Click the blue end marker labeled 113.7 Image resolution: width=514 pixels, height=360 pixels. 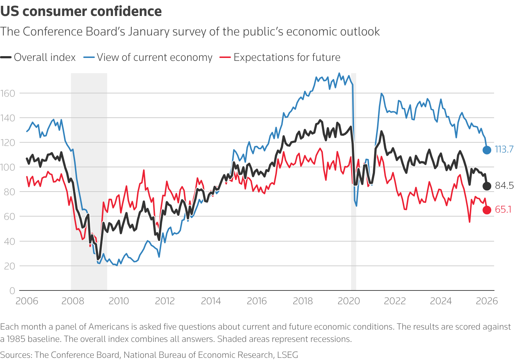(487, 150)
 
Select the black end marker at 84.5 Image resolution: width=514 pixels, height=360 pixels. (487, 186)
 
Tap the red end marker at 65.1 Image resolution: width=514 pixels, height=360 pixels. (487, 210)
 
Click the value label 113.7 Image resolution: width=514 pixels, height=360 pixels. (504, 149)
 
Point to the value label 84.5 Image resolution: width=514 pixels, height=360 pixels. (504, 186)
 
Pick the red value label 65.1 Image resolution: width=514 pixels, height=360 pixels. (503, 209)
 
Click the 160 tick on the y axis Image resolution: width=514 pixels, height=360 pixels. (8, 93)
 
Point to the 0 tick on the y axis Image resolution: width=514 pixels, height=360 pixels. (12, 290)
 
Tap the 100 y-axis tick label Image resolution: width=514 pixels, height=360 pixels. (8, 167)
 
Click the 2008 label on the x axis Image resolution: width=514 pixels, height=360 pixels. (73, 301)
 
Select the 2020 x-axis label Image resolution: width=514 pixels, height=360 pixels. (349, 301)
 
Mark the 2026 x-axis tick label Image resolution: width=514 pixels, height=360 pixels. (487, 301)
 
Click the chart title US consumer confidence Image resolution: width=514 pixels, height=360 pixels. (81, 12)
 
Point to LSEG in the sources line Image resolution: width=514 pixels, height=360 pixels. (287, 355)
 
